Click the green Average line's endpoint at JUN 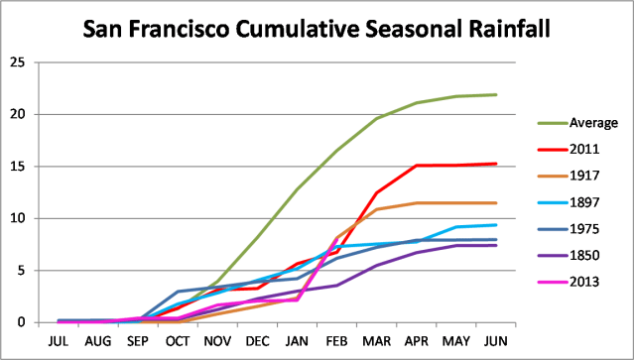click(496, 94)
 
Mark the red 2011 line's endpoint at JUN click(496, 164)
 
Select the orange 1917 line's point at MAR click(377, 209)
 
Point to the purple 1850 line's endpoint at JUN click(496, 245)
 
